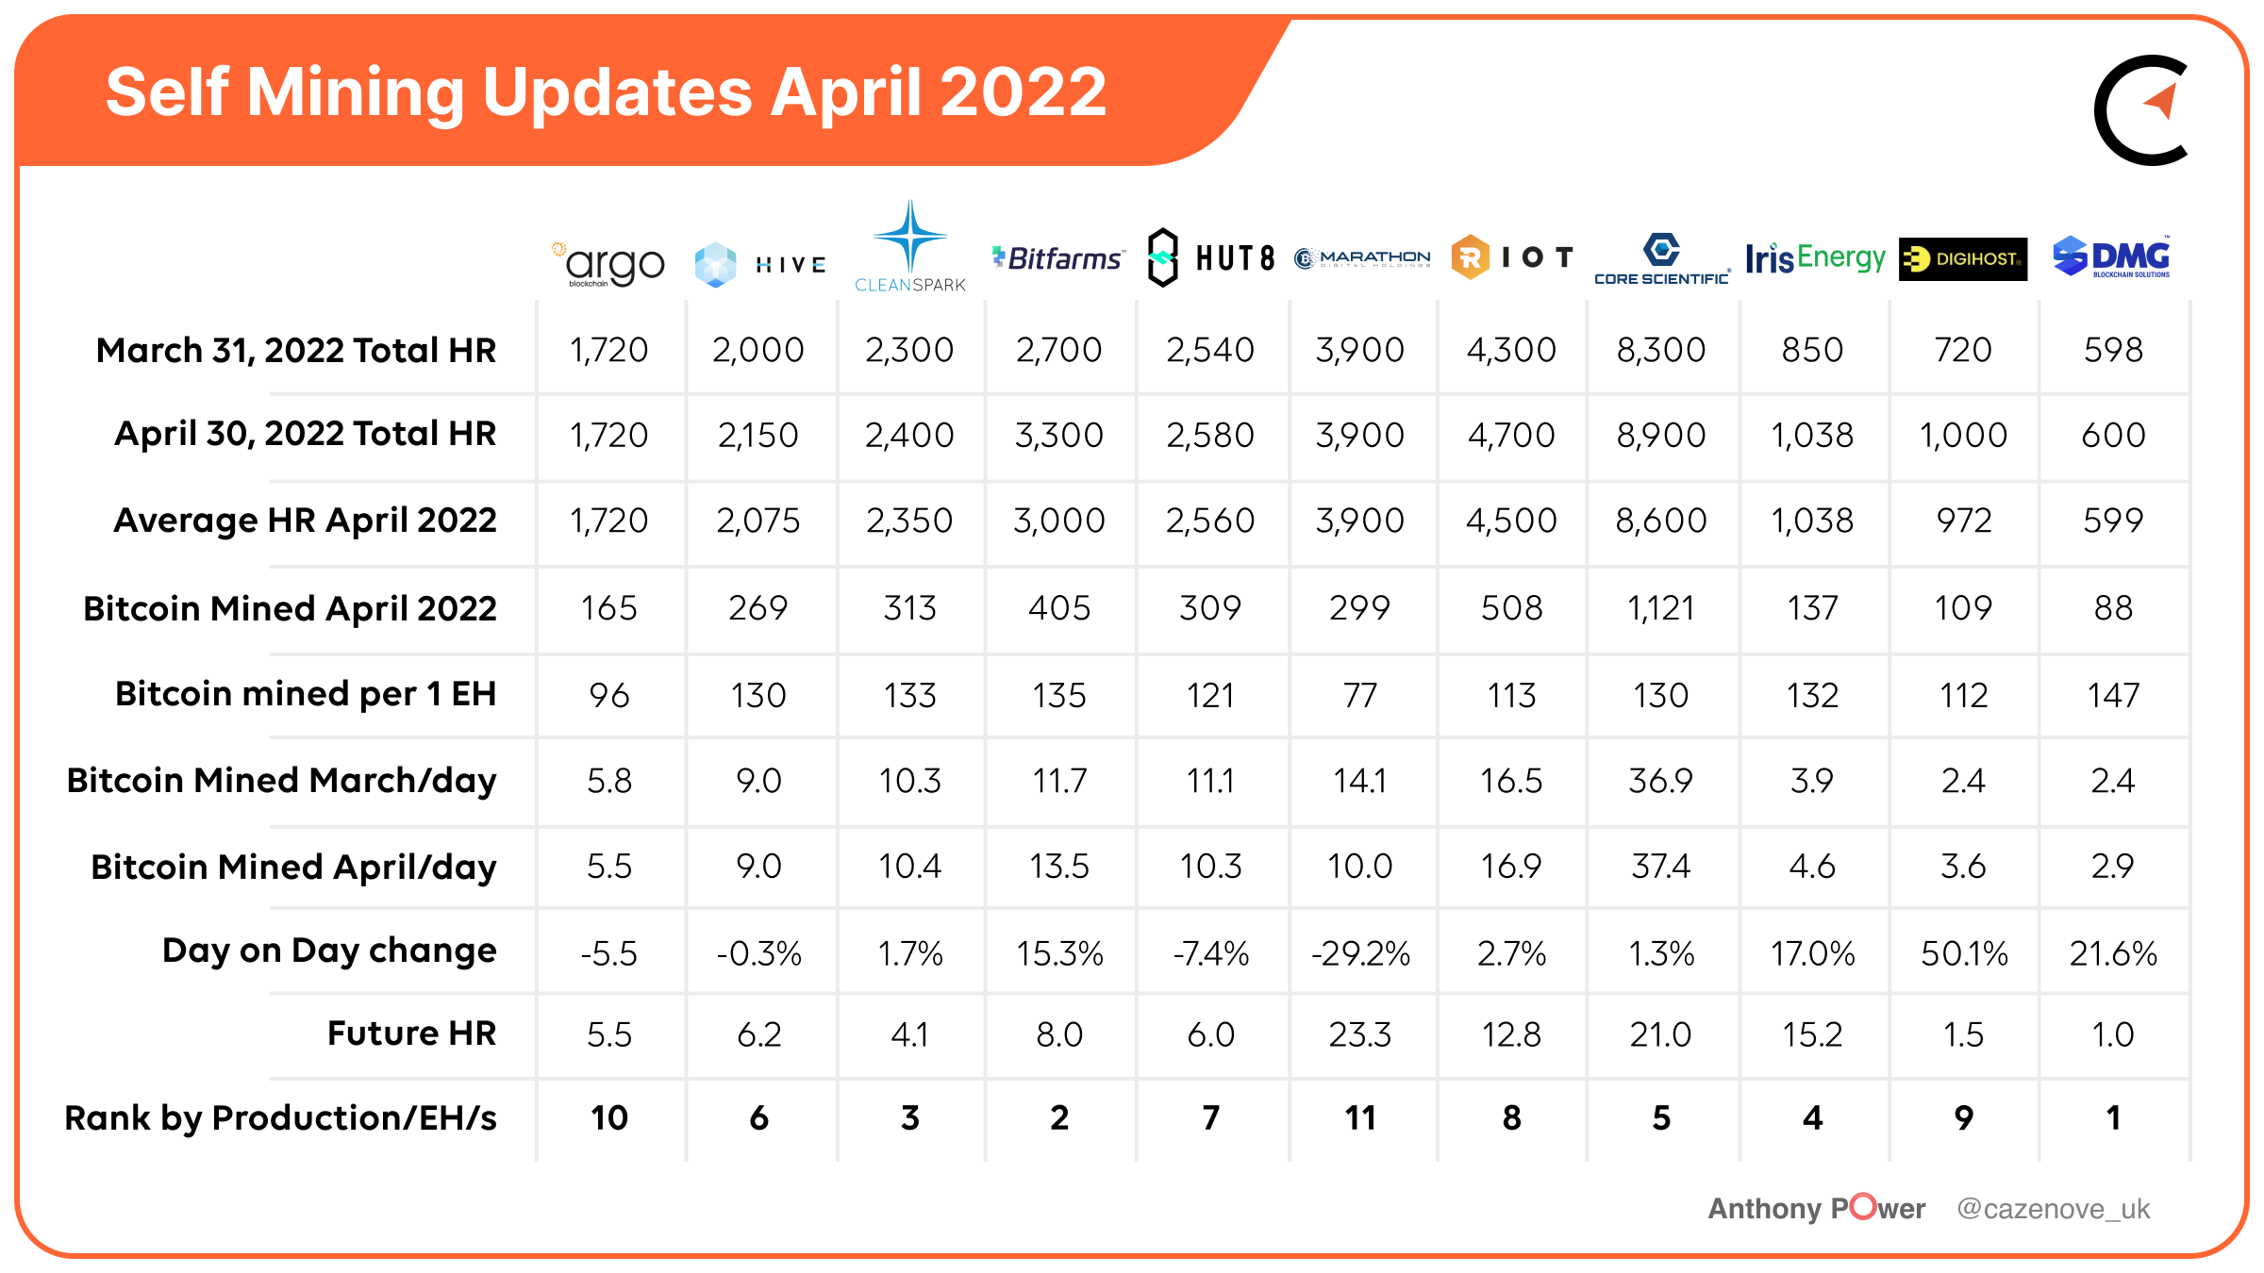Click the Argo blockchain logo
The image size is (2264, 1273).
click(x=609, y=264)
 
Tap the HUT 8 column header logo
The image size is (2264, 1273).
click(x=1211, y=257)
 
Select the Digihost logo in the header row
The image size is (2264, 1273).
click(x=1963, y=258)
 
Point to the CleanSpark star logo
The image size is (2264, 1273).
click(x=909, y=238)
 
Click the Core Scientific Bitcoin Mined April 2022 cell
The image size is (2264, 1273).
click(x=1661, y=608)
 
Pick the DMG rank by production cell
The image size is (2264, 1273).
click(x=2113, y=1117)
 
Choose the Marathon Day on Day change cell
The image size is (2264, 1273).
click(x=1360, y=953)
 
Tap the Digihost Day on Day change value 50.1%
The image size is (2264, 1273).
click(x=1964, y=953)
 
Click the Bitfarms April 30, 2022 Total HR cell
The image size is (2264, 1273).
click(x=1059, y=435)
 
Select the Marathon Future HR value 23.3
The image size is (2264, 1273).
click(x=1360, y=1034)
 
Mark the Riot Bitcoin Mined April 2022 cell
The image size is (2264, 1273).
click(x=1511, y=608)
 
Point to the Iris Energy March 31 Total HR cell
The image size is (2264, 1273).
click(x=1812, y=350)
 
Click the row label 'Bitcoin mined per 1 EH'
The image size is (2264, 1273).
click(x=305, y=694)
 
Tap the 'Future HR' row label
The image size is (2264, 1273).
click(x=411, y=1033)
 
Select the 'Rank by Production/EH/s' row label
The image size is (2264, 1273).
click(x=280, y=1117)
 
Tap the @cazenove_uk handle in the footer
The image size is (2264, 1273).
click(x=2053, y=1209)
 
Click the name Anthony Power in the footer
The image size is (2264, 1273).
click(x=1817, y=1209)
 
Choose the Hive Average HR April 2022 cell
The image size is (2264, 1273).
click(x=758, y=521)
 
